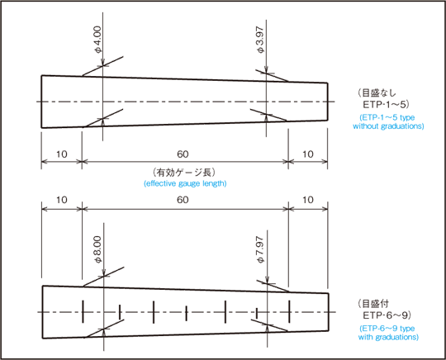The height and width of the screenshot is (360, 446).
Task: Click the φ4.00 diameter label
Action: [97, 40]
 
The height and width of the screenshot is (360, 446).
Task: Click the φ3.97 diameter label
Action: [260, 40]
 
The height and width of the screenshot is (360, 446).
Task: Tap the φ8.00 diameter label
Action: [97, 249]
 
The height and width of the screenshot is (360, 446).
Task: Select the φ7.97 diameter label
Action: [260, 249]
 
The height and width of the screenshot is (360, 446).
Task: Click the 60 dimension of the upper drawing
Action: [183, 154]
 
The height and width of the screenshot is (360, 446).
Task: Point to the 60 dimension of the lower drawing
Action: [183, 200]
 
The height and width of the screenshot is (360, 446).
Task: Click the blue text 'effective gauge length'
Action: [185, 183]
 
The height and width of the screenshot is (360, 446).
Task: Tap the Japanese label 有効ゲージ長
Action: [184, 173]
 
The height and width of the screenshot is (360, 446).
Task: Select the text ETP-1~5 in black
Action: [385, 105]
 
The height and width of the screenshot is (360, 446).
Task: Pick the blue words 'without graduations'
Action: [388, 126]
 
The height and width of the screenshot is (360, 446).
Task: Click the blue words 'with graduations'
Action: [388, 337]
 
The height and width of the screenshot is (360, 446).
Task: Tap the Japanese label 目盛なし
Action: [377, 93]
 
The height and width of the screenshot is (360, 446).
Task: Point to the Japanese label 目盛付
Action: [372, 304]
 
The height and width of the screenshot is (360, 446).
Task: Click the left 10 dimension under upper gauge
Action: [61, 154]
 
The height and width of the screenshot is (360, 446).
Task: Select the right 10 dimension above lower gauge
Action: [307, 200]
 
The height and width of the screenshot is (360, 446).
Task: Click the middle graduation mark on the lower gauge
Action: [187, 313]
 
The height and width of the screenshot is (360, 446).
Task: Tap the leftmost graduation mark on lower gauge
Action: [83, 311]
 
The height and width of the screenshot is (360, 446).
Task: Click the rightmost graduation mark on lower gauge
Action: [289, 311]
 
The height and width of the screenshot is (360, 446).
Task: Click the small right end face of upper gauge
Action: [327, 102]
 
